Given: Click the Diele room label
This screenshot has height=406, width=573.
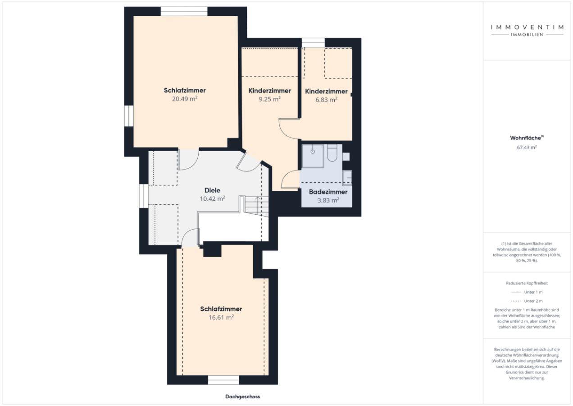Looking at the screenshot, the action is point(212,190).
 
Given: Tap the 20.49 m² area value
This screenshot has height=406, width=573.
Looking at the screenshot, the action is point(185,99).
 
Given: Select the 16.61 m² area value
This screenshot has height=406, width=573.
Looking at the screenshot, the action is point(221,318).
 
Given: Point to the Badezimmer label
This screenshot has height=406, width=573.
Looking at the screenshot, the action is point(328,192).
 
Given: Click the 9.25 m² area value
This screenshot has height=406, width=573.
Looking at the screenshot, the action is point(270,99).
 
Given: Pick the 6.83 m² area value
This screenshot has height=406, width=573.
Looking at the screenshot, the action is point(326,100).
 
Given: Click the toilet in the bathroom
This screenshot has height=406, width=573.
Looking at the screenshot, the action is point(332,153).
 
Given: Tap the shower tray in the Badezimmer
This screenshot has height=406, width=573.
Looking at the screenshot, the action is point(313,156).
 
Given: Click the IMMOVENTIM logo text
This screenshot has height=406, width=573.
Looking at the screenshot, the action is point(527,27).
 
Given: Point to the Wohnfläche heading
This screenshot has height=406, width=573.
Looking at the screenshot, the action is point(527,138).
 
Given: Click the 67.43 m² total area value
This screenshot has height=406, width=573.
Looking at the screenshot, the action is point(527,147).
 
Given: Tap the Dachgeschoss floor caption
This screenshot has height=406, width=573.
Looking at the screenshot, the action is point(242,397).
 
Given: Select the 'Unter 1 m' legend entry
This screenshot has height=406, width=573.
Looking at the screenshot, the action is point(527,292).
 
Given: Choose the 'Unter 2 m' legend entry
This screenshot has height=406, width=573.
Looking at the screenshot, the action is point(527,301).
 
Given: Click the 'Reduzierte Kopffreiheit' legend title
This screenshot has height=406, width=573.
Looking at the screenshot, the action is point(527,283).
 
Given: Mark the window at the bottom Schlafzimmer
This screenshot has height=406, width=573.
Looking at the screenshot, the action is point(223,380).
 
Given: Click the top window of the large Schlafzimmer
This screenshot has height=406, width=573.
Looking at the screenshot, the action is point(184,12).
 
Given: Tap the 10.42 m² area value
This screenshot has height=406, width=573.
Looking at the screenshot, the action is point(212,199).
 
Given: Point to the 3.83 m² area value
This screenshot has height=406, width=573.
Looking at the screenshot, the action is point(328,200).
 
